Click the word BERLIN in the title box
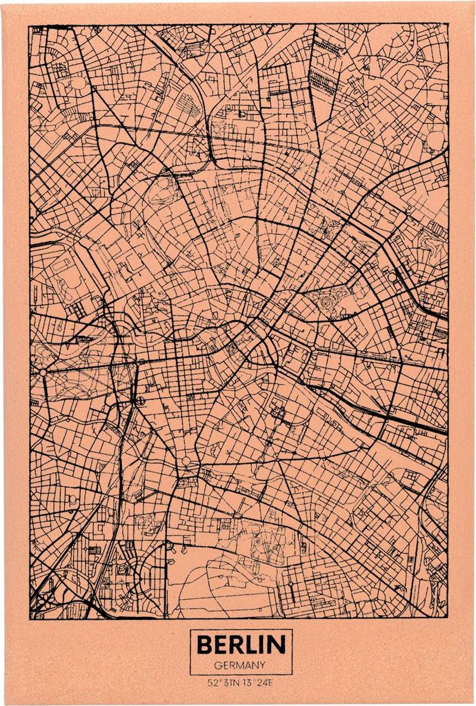coord(241,645)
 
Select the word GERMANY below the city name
coord(241,665)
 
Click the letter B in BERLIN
coord(204,645)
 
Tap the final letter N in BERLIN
coord(277,645)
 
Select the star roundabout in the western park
coord(43,372)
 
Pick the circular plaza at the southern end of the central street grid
coord(186,461)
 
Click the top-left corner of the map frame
coord(30,26)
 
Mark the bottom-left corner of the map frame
coord(30,618)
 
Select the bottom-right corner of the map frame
coord(448,618)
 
